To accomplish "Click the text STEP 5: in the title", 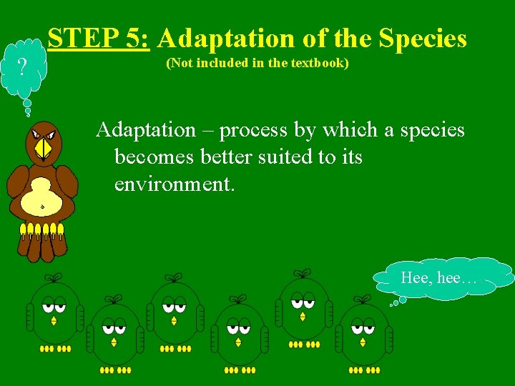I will [99, 38].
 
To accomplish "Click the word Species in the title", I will [423, 38].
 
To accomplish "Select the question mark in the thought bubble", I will [23, 67].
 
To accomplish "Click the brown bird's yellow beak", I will [44, 148].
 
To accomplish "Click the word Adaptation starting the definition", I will [146, 130].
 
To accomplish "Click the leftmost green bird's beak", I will [54, 321].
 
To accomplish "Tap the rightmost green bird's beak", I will [363, 342].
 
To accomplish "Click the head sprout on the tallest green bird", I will [303, 273].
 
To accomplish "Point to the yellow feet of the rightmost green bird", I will [364, 370].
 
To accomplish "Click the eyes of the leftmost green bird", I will [53, 307].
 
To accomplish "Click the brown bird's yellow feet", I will [41, 230].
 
